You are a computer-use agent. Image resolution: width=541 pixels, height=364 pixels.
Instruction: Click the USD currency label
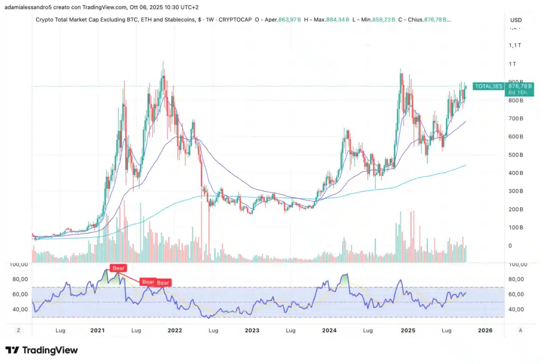[x=516, y=20]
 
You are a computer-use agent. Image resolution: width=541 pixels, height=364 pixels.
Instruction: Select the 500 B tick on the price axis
[x=516, y=155]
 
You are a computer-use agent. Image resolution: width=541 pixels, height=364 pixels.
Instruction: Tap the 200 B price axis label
[x=516, y=209]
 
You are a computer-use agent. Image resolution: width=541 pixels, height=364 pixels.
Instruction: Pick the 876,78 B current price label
[x=520, y=85]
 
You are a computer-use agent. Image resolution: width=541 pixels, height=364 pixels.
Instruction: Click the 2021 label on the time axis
[x=97, y=330]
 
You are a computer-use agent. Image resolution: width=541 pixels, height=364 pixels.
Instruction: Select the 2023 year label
[x=252, y=330]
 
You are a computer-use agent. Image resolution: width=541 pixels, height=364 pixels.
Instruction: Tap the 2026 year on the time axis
[x=484, y=330]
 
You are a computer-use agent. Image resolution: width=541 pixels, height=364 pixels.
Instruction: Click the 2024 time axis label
[x=330, y=330]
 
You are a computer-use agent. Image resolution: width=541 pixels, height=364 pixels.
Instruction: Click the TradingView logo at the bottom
[x=42, y=350]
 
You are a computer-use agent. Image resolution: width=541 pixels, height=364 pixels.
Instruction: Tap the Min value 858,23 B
[x=390, y=20]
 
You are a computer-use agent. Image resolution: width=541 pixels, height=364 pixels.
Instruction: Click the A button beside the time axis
[x=520, y=330]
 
